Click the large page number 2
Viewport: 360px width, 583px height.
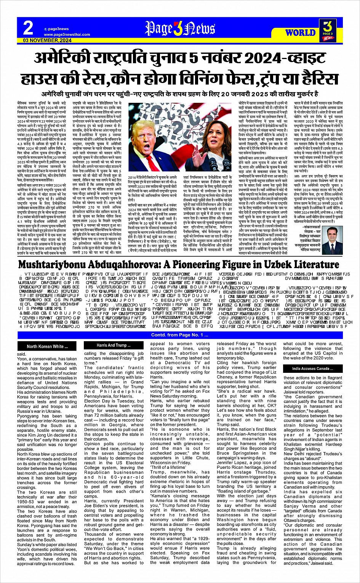click(x=28, y=28)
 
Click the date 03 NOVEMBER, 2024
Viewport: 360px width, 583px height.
click(x=47, y=40)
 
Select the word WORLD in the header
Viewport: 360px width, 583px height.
click(x=301, y=33)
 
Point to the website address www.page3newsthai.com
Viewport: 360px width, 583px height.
click(x=67, y=35)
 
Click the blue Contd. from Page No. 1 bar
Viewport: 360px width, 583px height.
click(x=180, y=335)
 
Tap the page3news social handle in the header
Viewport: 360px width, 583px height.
click(x=58, y=29)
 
